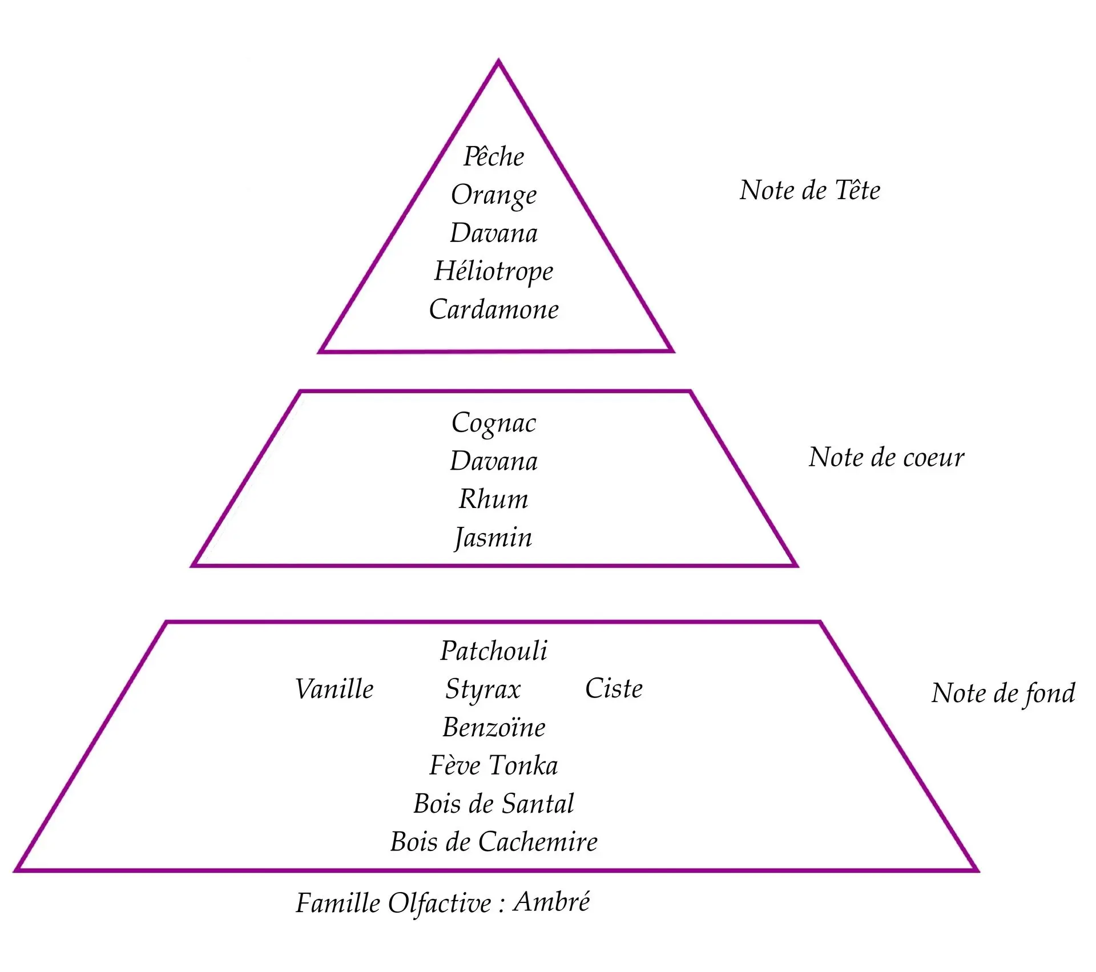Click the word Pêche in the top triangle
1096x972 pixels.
point(494,156)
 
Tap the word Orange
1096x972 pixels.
point(494,195)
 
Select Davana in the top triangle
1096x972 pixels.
point(494,233)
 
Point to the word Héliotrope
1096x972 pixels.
point(494,271)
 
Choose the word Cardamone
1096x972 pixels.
point(494,309)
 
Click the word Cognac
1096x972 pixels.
point(494,423)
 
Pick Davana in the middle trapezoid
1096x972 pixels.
point(494,461)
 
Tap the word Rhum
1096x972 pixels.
point(494,499)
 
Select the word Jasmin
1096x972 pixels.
point(494,538)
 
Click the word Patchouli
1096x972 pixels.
point(494,651)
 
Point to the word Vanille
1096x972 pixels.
point(335,689)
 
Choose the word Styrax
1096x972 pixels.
point(483,689)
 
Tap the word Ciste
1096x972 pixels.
point(614,688)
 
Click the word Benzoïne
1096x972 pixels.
point(494,727)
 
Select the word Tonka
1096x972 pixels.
point(523,765)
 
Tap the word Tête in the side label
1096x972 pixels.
point(857,190)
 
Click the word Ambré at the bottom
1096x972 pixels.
point(551,902)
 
